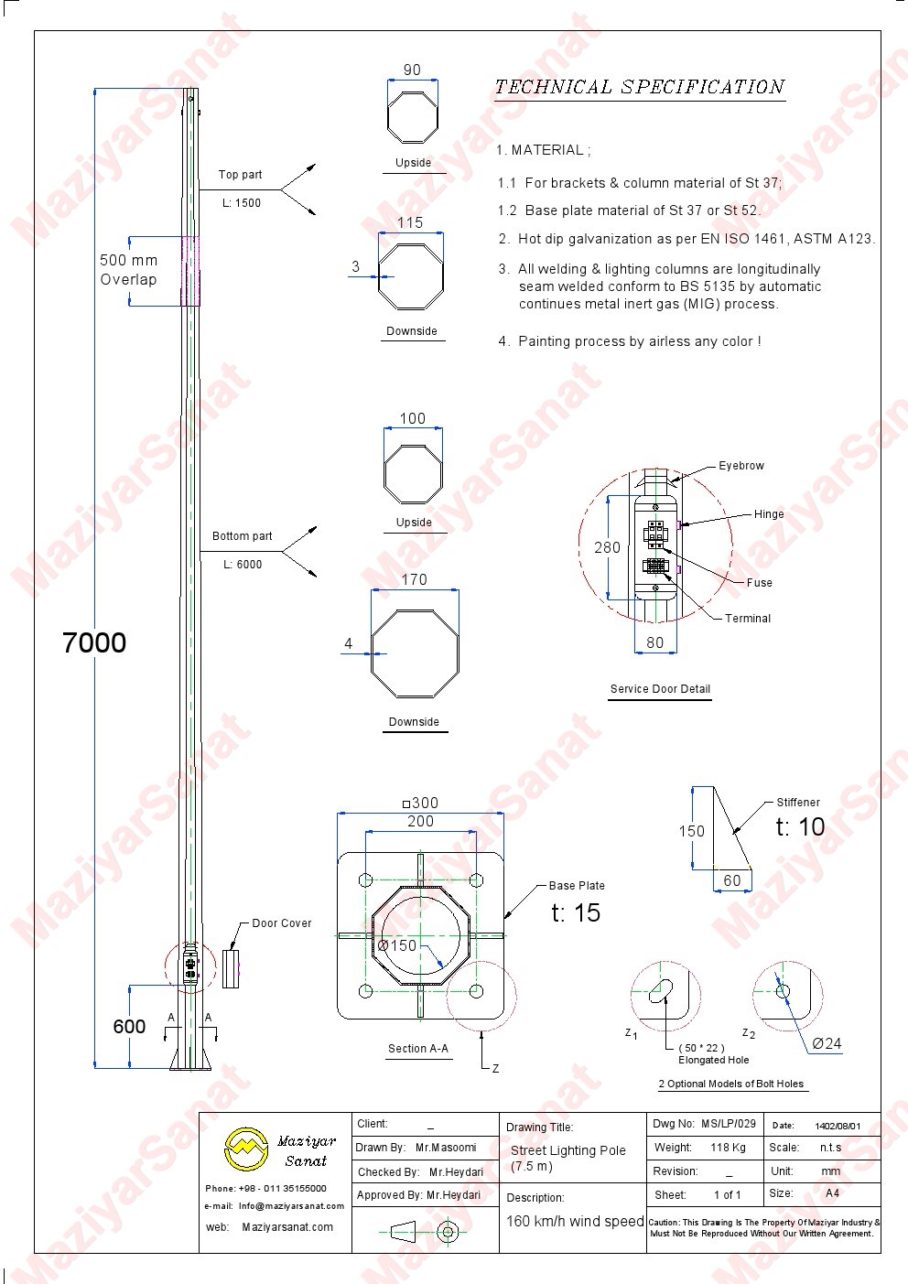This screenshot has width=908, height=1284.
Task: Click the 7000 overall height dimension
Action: pos(94,642)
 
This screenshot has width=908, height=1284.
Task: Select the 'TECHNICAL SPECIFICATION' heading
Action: pos(639,87)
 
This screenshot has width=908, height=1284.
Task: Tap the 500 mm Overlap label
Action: pos(128,269)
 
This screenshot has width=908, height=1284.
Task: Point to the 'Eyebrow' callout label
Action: pos(741,466)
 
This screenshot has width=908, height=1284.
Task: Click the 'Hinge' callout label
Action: pos(769,514)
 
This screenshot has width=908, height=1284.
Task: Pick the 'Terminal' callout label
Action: pos(748,618)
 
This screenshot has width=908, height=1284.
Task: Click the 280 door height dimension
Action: pos(607,547)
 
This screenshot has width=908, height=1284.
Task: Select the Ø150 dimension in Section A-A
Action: pos(397,945)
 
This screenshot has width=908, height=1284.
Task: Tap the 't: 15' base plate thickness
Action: pos(576,912)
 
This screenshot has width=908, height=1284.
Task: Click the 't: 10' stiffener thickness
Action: pos(800,826)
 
